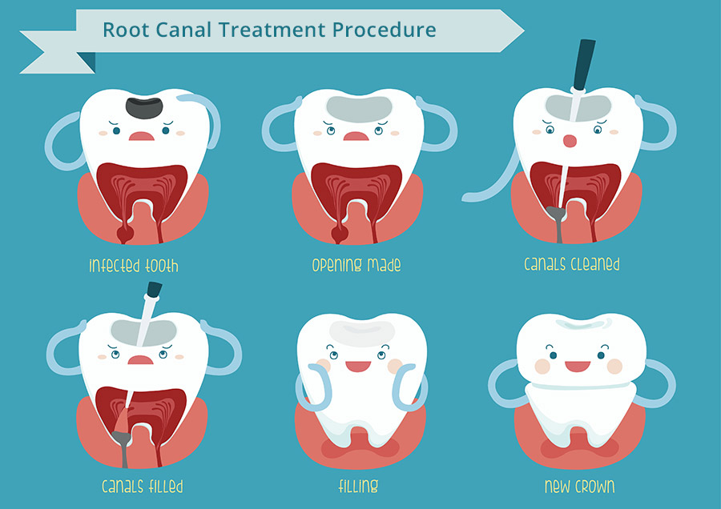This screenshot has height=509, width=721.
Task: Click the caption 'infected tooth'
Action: [133, 266]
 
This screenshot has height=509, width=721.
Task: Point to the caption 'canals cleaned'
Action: [571, 264]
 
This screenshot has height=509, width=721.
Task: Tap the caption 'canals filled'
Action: [142, 486]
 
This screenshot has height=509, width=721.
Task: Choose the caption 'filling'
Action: [358, 486]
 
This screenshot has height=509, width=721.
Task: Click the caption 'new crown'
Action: [579, 485]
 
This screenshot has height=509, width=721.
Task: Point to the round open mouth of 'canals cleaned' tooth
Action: [570, 142]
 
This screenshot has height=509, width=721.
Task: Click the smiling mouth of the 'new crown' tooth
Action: [577, 367]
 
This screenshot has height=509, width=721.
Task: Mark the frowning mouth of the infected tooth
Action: [142, 135]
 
